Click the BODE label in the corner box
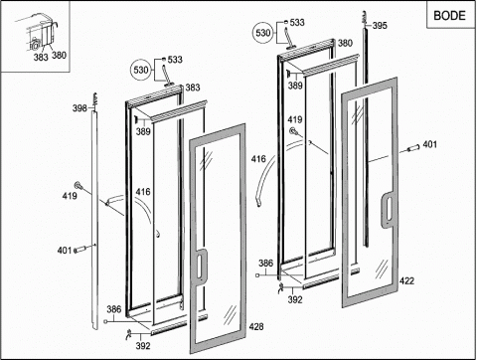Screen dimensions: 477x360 pyautogui.click(x=449, y=15)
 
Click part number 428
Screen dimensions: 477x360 pyautogui.click(x=256, y=326)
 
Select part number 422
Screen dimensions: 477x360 pyautogui.click(x=406, y=280)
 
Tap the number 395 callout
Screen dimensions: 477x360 pyautogui.click(x=380, y=25)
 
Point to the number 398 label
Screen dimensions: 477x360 pyautogui.click(x=79, y=107)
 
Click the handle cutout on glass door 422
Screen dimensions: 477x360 pyautogui.click(x=389, y=209)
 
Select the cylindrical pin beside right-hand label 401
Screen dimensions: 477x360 pyautogui.click(x=413, y=148)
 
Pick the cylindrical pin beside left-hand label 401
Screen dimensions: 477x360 pyautogui.click(x=79, y=250)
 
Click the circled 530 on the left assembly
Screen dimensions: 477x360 pyautogui.click(x=141, y=70)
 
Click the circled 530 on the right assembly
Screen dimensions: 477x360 pyautogui.click(x=263, y=33)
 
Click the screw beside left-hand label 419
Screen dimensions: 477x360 pyautogui.click(x=79, y=185)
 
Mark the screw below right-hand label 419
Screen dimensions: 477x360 pyautogui.click(x=293, y=131)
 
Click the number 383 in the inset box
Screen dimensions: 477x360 pyautogui.click(x=41, y=58)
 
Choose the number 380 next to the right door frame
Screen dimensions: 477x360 pyautogui.click(x=345, y=43)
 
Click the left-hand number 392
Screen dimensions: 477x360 pyautogui.click(x=143, y=346)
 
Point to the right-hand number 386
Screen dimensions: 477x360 pyautogui.click(x=266, y=263)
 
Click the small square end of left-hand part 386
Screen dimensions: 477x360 pyautogui.click(x=105, y=321)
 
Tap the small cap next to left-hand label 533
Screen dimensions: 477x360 pyautogui.click(x=163, y=60)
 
